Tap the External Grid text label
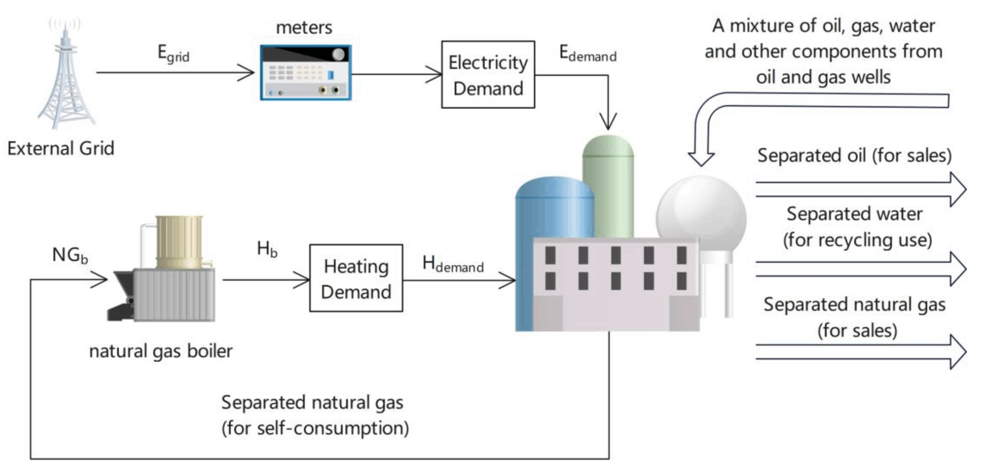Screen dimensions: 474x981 tap(61, 149)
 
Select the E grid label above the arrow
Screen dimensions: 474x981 tap(173, 54)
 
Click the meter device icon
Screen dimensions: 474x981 tap(305, 72)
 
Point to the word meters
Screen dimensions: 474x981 tap(304, 28)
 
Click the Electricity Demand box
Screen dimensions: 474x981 tap(488, 75)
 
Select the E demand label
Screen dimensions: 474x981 tap(587, 54)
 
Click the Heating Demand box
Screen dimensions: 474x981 tap(356, 278)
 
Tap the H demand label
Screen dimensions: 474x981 tap(453, 264)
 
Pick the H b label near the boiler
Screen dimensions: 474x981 tap(267, 249)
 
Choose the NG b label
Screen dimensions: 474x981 tap(70, 255)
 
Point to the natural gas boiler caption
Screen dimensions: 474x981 tap(161, 351)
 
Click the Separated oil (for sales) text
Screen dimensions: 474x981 tap(854, 156)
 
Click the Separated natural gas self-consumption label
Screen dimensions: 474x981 tap(314, 415)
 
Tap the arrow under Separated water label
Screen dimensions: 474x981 tap(860, 269)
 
